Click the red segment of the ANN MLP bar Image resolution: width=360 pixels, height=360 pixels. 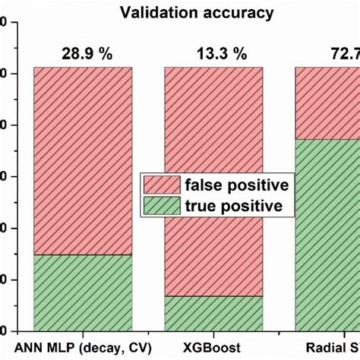tap(83, 159)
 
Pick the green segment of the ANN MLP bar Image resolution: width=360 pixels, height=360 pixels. tap(83, 292)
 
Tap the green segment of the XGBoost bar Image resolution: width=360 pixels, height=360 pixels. tap(215, 313)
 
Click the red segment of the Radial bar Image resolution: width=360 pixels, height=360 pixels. tap(327, 103)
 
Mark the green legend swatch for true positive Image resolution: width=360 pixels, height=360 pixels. tap(159, 206)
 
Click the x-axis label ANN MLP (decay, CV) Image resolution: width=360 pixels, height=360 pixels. tap(83, 347)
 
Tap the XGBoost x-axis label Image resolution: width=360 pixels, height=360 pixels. tap(215, 347)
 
